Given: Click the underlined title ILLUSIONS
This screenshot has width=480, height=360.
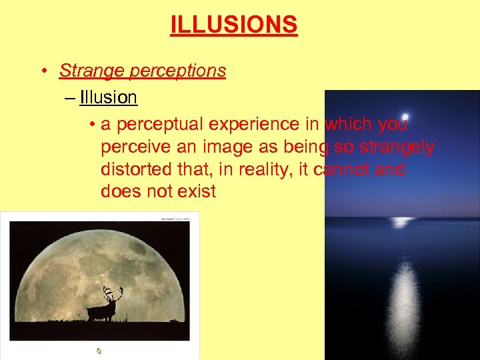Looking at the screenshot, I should pos(233,25).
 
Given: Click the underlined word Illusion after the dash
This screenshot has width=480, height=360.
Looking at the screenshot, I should pos(108,98).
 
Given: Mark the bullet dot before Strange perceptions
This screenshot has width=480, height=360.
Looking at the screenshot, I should pos(42,71).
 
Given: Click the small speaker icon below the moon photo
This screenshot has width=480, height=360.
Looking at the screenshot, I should pos(99,350).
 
